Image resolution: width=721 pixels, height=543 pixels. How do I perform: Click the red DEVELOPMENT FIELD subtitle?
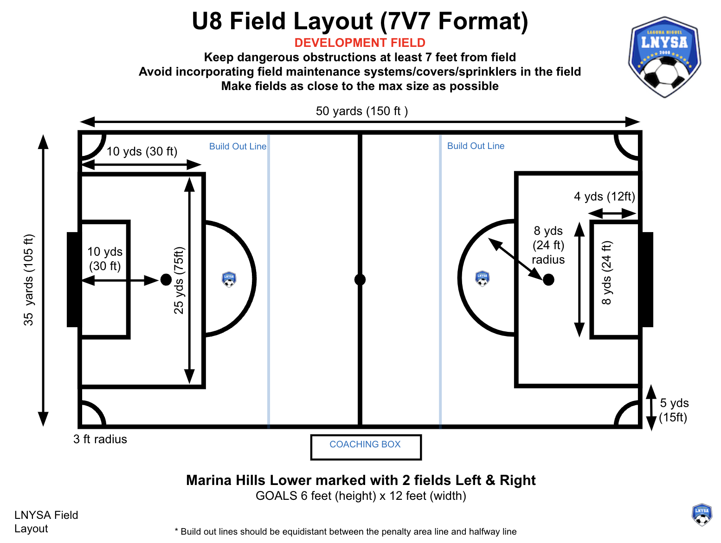[360, 43]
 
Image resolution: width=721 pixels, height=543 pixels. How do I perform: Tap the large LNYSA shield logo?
[664, 57]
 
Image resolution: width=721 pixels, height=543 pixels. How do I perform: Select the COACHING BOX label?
[365, 444]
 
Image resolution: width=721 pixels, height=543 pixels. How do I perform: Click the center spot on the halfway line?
[360, 280]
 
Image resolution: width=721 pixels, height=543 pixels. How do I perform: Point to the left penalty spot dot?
[166, 280]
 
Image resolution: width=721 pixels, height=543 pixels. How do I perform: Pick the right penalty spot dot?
[548, 280]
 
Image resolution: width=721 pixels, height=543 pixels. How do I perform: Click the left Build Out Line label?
[238, 147]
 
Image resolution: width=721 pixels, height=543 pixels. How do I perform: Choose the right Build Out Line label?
[476, 146]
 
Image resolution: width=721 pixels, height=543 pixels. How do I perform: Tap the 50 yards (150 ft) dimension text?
[361, 111]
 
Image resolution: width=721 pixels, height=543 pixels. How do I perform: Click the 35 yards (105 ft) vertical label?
[29, 280]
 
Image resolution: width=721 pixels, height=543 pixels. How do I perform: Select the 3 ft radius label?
[100, 439]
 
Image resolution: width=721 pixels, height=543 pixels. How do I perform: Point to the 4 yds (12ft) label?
[605, 196]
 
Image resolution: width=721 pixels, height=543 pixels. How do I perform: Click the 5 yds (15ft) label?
[673, 410]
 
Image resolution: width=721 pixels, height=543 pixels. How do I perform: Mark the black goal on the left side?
[72, 279]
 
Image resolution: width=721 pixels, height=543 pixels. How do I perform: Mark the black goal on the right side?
[647, 279]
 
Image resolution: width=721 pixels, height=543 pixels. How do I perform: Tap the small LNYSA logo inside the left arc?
[229, 279]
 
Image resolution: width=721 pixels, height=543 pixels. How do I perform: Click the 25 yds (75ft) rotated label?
[179, 280]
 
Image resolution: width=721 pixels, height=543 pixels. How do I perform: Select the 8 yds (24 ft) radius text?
[548, 245]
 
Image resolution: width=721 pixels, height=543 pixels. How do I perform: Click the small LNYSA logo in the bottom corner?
[702, 515]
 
